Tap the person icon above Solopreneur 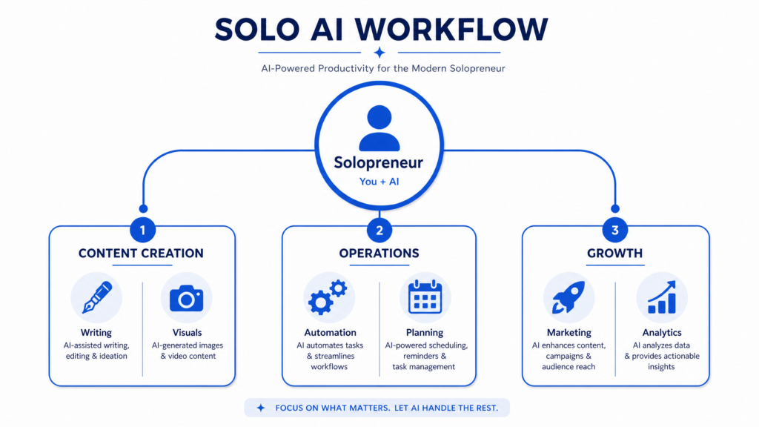pyautogui.click(x=379, y=128)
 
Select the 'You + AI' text pyautogui.click(x=379, y=182)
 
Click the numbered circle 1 pyautogui.click(x=143, y=230)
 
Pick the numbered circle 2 pyautogui.click(x=379, y=230)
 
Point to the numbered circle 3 pyautogui.click(x=614, y=230)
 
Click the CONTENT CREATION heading pyautogui.click(x=141, y=254)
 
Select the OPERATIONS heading pyautogui.click(x=379, y=254)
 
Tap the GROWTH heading pyautogui.click(x=614, y=254)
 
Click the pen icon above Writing pyautogui.click(x=97, y=297)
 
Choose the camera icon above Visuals pyautogui.click(x=186, y=298)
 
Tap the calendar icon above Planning pyautogui.click(x=425, y=297)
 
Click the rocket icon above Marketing pyautogui.click(x=569, y=297)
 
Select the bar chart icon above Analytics pyautogui.click(x=662, y=297)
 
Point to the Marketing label pyautogui.click(x=569, y=333)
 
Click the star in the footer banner pyautogui.click(x=261, y=408)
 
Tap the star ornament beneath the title pyautogui.click(x=379, y=53)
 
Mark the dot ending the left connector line pyautogui.click(x=143, y=208)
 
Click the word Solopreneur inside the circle pyautogui.click(x=379, y=162)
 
